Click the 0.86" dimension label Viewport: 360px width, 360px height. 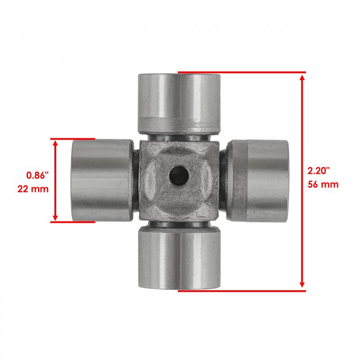(x=38, y=175)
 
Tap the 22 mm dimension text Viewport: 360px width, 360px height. (x=33, y=189)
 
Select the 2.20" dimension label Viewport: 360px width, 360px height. (x=319, y=171)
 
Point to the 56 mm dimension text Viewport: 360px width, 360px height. (x=323, y=184)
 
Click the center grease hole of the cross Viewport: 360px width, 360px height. (x=179, y=176)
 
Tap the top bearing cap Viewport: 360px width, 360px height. (x=179, y=104)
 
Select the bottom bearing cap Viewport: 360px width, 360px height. (x=179, y=257)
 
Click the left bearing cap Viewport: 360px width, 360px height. (x=103, y=180)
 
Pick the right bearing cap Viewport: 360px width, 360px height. (x=257, y=181)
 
